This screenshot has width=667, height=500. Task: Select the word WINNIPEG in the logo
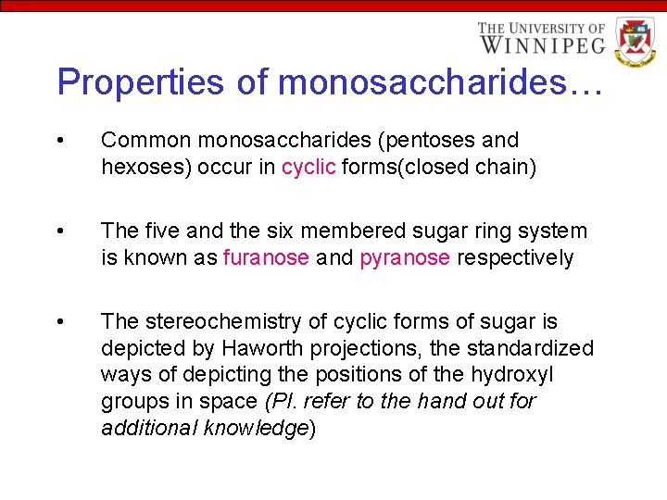tap(541, 44)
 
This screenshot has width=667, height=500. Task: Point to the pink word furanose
tap(266, 257)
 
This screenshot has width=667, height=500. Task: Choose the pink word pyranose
tap(404, 257)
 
